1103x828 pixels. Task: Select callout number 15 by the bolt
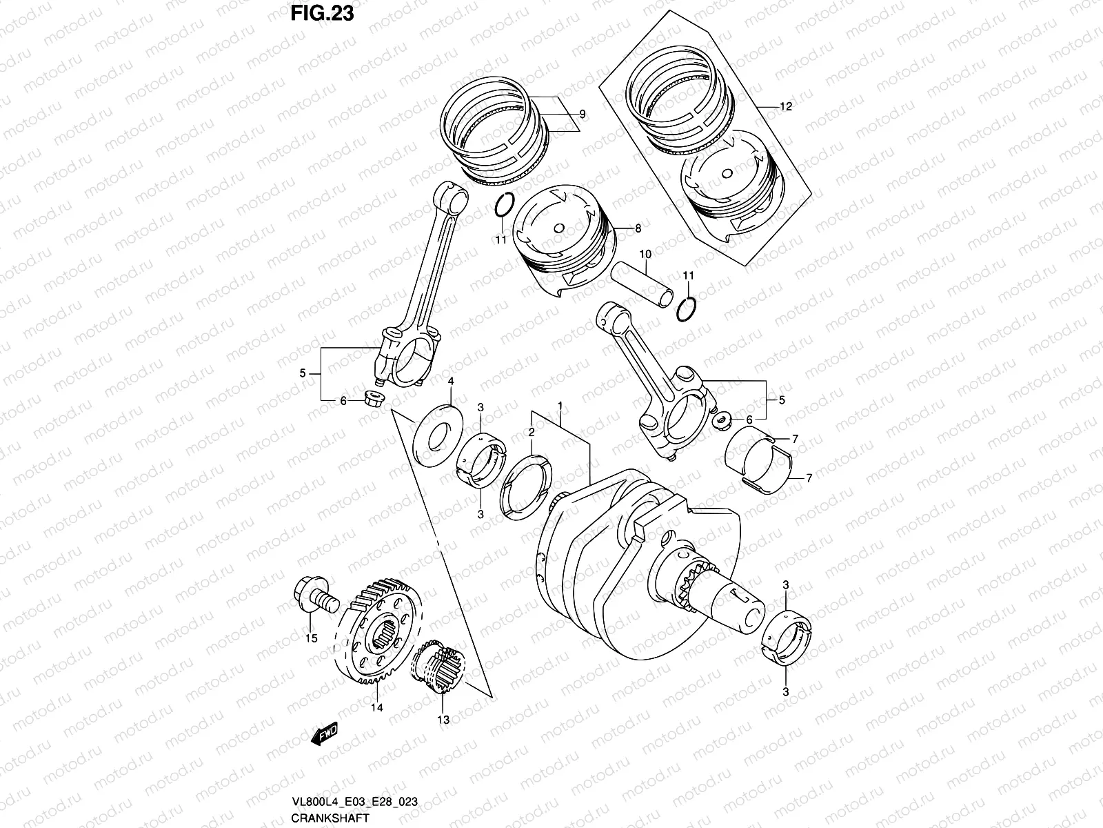pos(312,638)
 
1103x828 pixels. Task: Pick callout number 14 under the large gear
pos(377,707)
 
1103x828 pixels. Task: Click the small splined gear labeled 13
pos(440,669)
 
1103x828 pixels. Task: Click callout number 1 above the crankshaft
pos(561,405)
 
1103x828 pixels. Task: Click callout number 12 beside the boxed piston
pos(785,107)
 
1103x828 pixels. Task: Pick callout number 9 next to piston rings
pos(582,115)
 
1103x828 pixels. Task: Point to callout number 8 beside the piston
pos(638,228)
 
